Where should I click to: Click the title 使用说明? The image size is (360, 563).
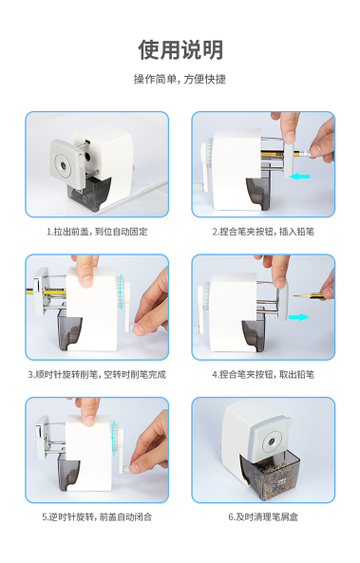[x=180, y=49]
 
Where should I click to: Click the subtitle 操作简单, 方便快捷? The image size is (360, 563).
[x=180, y=79]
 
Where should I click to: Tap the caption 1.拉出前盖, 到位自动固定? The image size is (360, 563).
[x=97, y=232]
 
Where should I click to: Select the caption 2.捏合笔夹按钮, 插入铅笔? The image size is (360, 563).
[x=263, y=232]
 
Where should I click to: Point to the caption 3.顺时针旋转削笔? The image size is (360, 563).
[x=64, y=375]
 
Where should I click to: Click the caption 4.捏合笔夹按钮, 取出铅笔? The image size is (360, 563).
[x=263, y=375]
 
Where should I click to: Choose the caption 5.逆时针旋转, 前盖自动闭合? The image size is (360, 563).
[x=97, y=517]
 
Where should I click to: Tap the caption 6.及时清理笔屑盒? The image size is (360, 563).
[x=263, y=517]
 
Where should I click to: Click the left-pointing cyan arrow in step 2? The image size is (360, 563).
[x=299, y=177]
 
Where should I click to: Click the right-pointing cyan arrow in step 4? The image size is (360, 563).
[x=299, y=317]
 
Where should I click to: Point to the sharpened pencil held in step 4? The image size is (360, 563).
[x=309, y=296]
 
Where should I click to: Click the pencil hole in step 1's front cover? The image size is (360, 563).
[x=64, y=165]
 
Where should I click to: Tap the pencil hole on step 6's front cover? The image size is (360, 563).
[x=272, y=441]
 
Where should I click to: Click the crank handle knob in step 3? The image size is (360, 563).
[x=130, y=328]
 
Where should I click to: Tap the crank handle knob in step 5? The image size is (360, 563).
[x=127, y=469]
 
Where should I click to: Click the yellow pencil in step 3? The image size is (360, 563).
[x=47, y=291]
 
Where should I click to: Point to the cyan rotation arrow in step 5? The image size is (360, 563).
[x=114, y=438]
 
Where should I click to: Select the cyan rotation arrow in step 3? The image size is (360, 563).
[x=121, y=291]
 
